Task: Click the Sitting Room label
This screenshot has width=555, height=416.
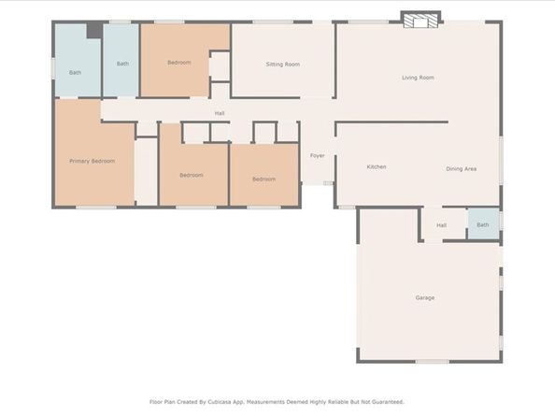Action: click(x=283, y=65)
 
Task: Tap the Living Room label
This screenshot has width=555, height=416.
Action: click(x=418, y=78)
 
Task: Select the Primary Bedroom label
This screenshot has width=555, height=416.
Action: click(x=92, y=161)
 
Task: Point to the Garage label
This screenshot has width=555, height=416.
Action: click(x=425, y=298)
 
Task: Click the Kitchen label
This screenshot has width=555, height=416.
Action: click(x=377, y=166)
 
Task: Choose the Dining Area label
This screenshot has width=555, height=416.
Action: click(x=461, y=169)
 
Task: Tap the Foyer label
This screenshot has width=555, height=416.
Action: click(x=317, y=155)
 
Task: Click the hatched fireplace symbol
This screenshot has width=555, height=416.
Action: click(x=420, y=21)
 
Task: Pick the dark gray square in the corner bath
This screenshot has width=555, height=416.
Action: click(x=94, y=30)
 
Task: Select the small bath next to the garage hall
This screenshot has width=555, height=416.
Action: click(x=483, y=223)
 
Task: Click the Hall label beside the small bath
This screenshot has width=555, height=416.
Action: click(x=441, y=225)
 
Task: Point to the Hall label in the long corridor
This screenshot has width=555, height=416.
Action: click(x=220, y=113)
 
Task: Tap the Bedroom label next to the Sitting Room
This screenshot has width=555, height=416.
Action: click(x=179, y=63)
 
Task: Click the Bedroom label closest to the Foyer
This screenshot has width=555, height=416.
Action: click(x=264, y=179)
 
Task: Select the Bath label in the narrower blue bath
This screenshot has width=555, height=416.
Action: click(x=122, y=64)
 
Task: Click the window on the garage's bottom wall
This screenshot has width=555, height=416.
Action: click(x=432, y=362)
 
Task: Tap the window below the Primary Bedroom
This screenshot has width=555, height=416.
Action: click(x=96, y=208)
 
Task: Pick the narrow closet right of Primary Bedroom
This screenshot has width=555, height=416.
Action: click(x=146, y=172)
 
